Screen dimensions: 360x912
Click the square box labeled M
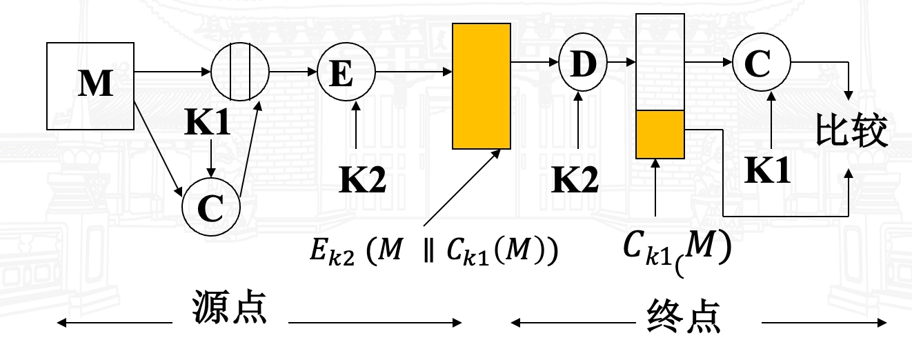coord(90,86)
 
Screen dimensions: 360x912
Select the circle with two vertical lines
coord(239,72)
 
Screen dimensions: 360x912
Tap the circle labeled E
coord(346,72)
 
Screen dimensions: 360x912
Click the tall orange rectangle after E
coord(482,86)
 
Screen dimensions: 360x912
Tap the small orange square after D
coord(660,134)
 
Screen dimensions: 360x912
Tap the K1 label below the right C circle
coord(768,168)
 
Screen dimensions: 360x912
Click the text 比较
coord(851,130)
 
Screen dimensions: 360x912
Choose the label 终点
coord(684,317)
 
